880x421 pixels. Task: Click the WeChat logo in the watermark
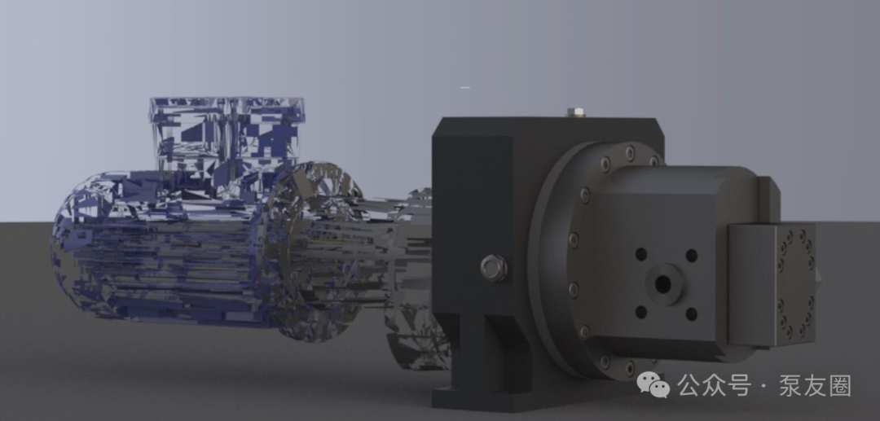click(x=653, y=385)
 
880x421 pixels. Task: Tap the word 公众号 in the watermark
click(x=713, y=386)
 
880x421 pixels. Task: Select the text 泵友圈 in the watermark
click(x=815, y=386)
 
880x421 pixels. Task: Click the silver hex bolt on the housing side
click(x=494, y=267)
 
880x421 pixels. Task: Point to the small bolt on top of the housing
click(x=576, y=112)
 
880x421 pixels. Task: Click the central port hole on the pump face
click(x=662, y=283)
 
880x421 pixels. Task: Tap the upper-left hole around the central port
click(x=641, y=255)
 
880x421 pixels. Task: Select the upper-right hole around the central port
click(x=692, y=256)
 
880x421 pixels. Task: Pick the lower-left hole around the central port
click(x=641, y=312)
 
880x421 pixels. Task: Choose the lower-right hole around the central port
click(x=692, y=314)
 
